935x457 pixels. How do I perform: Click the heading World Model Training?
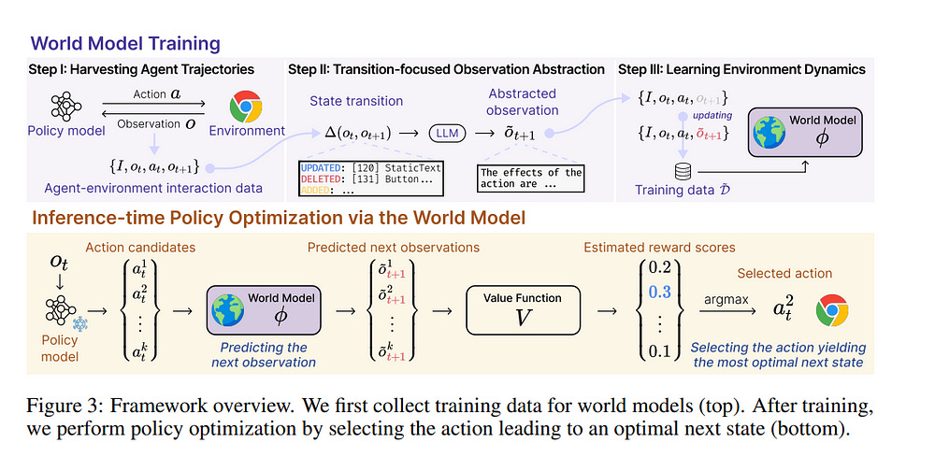tap(125, 43)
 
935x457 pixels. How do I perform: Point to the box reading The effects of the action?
tap(530, 178)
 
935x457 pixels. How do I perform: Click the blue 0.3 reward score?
tap(659, 292)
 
